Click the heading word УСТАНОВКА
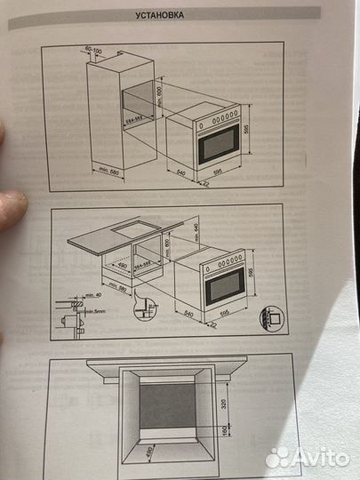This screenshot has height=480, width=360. pyautogui.click(x=160, y=15)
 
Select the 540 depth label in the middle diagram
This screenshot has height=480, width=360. pyautogui.click(x=188, y=313)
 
